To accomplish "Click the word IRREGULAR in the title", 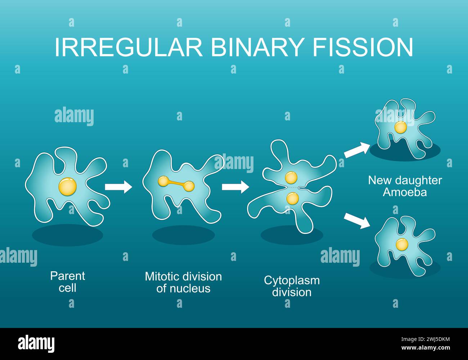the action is [x=129, y=47].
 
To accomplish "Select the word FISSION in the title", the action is [x=363, y=47].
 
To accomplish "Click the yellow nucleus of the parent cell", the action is [x=68, y=187].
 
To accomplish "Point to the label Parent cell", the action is [x=67, y=282].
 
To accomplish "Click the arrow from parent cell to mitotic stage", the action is [x=118, y=187].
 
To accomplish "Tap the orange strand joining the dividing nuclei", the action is [x=176, y=183].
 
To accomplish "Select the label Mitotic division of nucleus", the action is [x=183, y=283].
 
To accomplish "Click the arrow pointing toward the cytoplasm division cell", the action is [x=235, y=187].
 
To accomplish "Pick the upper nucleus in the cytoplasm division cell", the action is [x=291, y=178].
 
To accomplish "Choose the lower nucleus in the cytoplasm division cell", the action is [x=293, y=198].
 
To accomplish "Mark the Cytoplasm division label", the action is [x=292, y=286].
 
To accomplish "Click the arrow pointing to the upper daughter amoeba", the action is [x=357, y=150].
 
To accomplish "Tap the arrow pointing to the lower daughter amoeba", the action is [x=357, y=221].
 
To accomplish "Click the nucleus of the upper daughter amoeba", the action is [x=401, y=127].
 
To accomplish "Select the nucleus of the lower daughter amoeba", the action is [x=402, y=245].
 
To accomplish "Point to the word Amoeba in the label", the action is [x=405, y=192].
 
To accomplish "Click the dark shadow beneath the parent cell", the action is [x=67, y=235].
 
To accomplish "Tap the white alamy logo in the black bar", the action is [x=36, y=344].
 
